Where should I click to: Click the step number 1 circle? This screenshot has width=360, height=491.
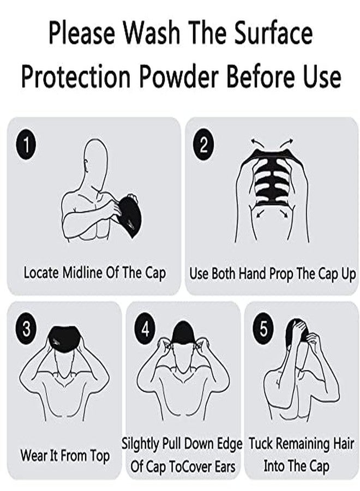pos(26,146)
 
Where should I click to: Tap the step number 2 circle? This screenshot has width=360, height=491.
pos(203,145)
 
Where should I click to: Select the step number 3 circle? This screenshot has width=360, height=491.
pos(26,330)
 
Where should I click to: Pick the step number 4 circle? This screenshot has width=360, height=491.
pos(145,330)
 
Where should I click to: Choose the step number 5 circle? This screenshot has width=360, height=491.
pos(263,330)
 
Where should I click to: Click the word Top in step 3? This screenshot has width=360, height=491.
pos(100,456)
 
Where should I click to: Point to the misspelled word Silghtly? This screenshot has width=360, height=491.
pos(140,445)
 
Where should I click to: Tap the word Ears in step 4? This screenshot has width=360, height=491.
pos(224,466)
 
